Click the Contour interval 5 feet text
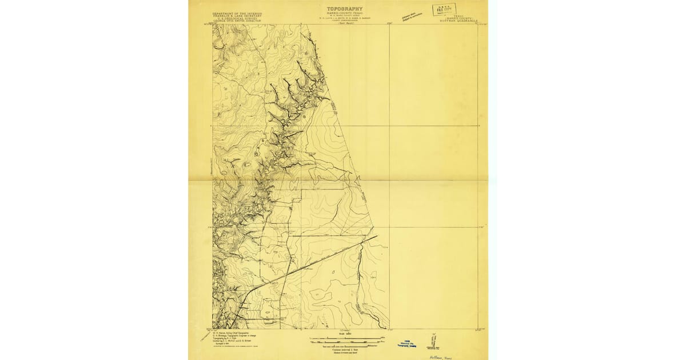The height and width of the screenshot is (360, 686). click(x=344, y=348)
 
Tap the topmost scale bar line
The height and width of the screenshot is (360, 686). click(x=344, y=337)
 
